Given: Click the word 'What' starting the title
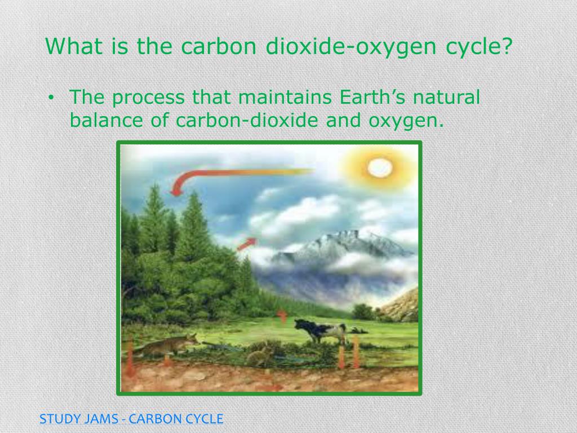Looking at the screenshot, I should pyautogui.click(x=71, y=47).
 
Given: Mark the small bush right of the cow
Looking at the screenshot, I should pyautogui.click(x=363, y=312).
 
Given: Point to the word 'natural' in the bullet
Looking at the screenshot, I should pyautogui.click(x=446, y=98).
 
